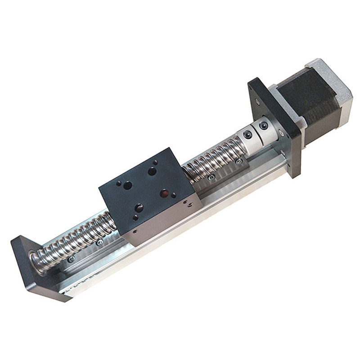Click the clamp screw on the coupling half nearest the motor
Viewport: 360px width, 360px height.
(x=263, y=125)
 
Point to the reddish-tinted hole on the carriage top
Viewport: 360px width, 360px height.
(x=164, y=193)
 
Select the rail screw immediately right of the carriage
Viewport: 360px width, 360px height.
(x=211, y=177)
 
